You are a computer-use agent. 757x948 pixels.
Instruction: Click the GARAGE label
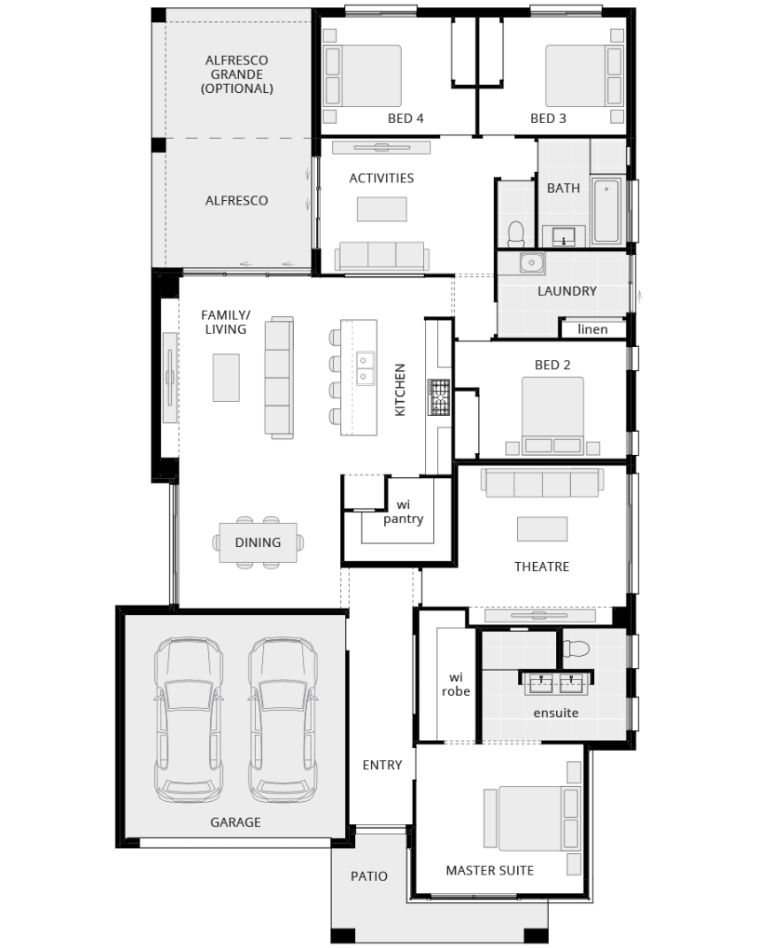click(236, 821)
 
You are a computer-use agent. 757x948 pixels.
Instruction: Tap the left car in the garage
click(189, 720)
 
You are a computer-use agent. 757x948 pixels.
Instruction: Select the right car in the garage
click(283, 720)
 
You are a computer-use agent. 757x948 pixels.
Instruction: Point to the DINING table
click(259, 543)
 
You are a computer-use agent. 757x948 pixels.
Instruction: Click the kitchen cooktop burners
click(439, 397)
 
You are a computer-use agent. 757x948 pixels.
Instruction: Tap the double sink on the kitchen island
click(365, 369)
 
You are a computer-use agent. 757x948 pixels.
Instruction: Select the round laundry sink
click(532, 263)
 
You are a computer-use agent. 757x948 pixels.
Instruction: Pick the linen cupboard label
click(592, 329)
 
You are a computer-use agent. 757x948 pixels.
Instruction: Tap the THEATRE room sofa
click(543, 483)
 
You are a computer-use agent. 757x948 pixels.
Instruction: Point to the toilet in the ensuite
click(575, 649)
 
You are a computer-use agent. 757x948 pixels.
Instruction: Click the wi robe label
click(456, 684)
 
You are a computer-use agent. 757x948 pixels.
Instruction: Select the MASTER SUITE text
click(490, 870)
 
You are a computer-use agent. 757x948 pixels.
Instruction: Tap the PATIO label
click(369, 875)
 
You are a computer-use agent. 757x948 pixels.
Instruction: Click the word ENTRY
click(382, 765)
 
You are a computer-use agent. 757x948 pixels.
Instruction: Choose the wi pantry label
click(403, 512)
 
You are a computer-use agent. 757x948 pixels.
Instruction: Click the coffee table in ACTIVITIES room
click(382, 209)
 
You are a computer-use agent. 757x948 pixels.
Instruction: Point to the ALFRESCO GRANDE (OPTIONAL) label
click(237, 73)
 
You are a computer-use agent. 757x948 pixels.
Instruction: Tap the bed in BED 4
click(363, 76)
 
